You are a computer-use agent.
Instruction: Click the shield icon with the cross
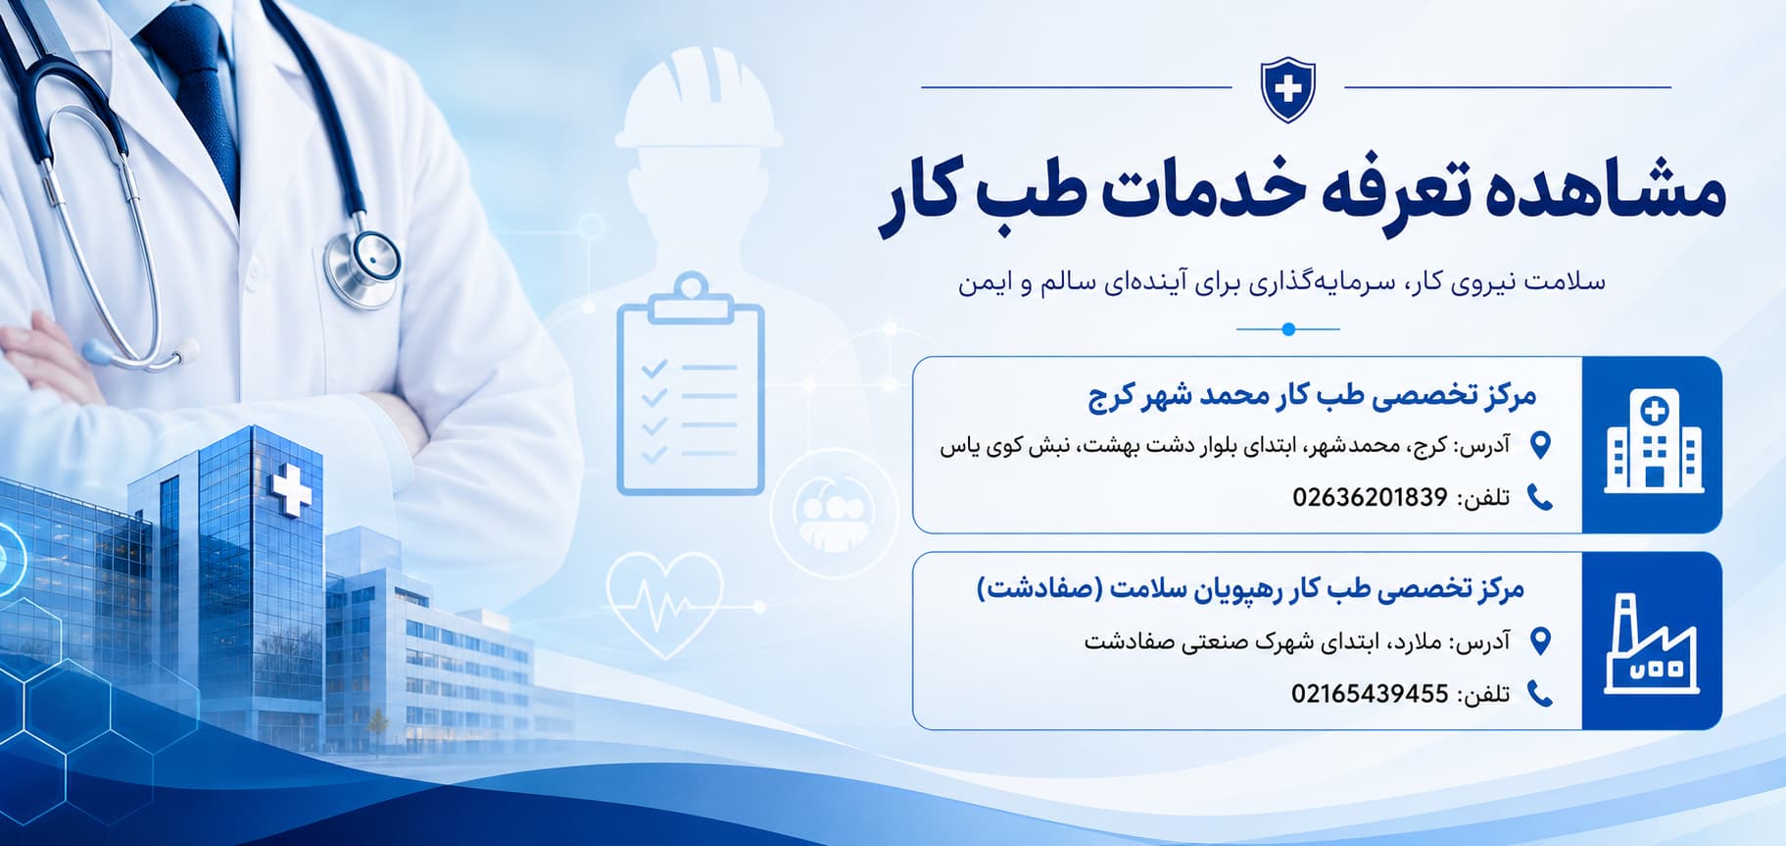1287,89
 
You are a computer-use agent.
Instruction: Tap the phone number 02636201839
1370,497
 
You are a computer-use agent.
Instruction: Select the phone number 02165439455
1370,694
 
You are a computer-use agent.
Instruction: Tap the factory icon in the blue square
1653,643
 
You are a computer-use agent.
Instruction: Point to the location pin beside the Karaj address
1540,445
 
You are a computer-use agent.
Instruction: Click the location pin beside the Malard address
1540,641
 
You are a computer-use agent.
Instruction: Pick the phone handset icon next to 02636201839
1540,498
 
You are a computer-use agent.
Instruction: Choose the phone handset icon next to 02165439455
1540,694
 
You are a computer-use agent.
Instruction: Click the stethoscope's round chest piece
363,265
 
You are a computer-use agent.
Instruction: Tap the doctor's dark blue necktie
196,93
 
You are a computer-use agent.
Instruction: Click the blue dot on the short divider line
1288,329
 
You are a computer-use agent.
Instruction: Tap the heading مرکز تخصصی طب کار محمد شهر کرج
1312,396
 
